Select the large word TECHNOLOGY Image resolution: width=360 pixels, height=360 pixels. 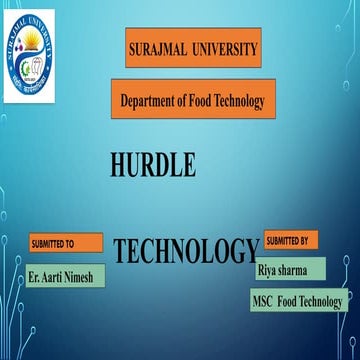point(186,251)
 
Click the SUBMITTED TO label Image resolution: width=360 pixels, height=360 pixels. point(53,242)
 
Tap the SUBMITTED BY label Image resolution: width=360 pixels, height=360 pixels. point(286,240)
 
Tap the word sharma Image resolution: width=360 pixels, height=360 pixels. point(300,269)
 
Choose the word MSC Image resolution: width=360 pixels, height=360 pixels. point(263,301)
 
